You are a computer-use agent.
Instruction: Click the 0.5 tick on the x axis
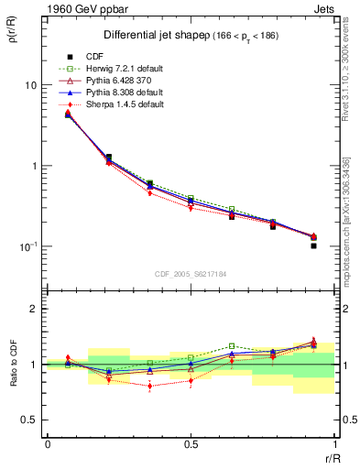(191, 443)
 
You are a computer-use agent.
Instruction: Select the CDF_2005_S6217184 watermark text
(191, 274)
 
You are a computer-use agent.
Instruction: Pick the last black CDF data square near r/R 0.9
(313, 245)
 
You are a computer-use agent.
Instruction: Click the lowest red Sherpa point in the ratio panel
(149, 386)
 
